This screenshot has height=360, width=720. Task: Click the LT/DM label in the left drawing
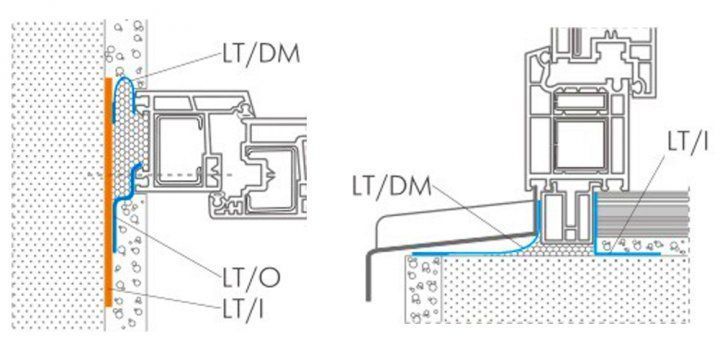261,55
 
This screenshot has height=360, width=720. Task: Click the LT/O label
251,278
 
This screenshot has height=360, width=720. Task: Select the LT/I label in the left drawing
243,309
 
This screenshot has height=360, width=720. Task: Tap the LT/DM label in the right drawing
392,186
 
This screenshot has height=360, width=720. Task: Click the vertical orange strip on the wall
108,192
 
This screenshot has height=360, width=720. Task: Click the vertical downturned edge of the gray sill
369,276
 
